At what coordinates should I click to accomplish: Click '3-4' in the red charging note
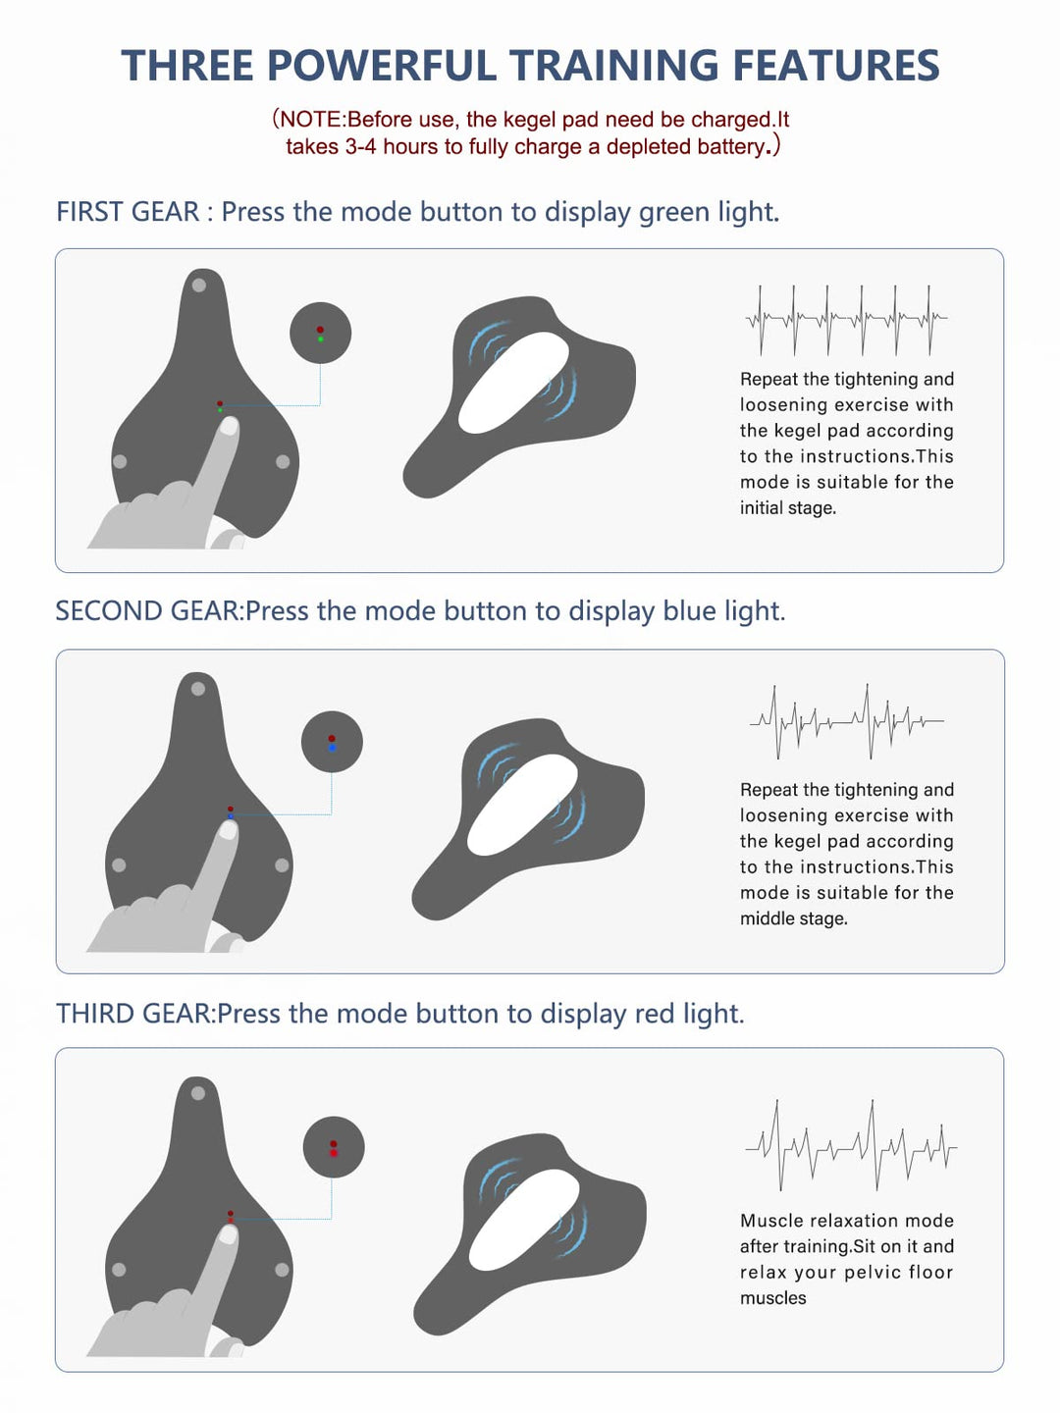361,147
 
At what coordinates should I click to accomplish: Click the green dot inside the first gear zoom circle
321,339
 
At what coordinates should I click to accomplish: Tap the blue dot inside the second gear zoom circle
332,748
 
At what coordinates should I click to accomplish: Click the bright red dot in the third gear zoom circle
334,1153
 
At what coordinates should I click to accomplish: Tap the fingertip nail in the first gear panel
229,426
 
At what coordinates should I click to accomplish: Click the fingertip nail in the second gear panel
228,830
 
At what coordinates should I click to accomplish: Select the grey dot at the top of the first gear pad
199,285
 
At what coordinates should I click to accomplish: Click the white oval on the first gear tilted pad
513,383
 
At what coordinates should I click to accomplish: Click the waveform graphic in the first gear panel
846,320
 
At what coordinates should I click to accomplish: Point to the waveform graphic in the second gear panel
847,721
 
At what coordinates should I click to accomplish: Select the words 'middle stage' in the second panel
792,918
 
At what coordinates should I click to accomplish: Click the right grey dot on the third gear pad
282,1270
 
